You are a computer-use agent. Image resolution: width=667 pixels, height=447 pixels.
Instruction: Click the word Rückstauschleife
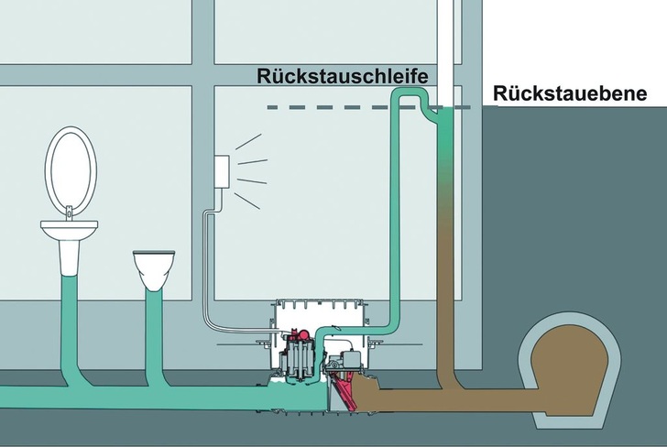coord(342,75)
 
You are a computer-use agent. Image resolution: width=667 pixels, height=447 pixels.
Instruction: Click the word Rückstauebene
coord(569,93)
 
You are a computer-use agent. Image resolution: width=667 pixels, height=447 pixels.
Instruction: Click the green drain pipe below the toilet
coord(152,330)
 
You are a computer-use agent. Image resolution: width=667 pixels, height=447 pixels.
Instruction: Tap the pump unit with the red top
coord(301,362)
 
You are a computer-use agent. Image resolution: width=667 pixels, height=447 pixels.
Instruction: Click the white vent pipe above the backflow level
coord(446,46)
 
